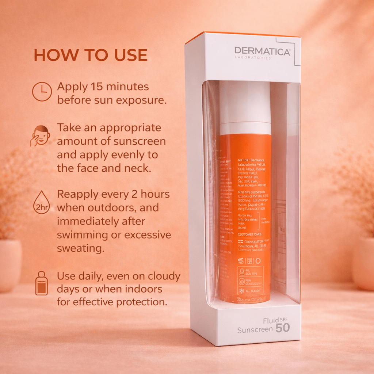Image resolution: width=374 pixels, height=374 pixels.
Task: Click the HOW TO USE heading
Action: (x=91, y=55)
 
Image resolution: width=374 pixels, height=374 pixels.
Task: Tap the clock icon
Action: (x=42, y=91)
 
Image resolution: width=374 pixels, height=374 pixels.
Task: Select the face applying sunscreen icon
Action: (x=41, y=136)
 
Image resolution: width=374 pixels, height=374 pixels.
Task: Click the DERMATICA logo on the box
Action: (x=262, y=51)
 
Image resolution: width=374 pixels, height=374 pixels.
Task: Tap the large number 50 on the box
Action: (x=283, y=328)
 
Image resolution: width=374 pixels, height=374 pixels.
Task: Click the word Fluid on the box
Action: (x=271, y=321)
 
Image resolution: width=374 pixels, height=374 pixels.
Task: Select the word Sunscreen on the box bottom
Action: (x=255, y=330)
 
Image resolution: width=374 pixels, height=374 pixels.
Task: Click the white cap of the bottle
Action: (x=245, y=106)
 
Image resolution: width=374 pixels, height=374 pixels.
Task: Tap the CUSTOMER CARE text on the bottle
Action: (x=249, y=234)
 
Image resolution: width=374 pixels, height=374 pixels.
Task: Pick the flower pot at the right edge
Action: (x=363, y=263)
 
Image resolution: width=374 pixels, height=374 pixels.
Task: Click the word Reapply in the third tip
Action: (x=78, y=194)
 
